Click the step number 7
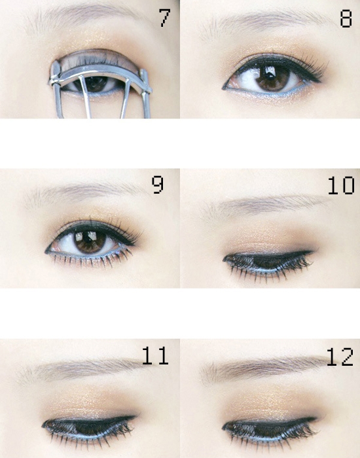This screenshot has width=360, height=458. (x=164, y=18)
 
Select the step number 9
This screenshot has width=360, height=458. (x=158, y=185)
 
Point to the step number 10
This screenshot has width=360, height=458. (x=341, y=185)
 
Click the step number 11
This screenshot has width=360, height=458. (x=155, y=355)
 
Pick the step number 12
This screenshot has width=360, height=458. (x=340, y=357)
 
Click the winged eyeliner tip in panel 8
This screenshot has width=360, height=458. (x=319, y=81)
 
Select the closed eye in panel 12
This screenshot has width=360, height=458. (x=269, y=429)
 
